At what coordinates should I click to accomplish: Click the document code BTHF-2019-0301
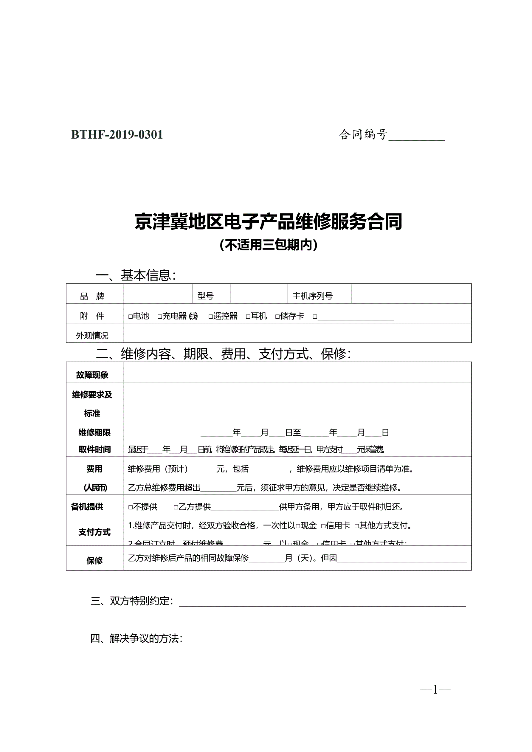117,135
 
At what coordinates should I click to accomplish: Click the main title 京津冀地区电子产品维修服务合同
268,222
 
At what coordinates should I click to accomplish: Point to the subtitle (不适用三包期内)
268,245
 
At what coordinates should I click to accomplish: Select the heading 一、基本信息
136,275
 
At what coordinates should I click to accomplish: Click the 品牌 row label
92,296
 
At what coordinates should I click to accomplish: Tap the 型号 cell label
205,296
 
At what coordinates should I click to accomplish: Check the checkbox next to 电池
130,317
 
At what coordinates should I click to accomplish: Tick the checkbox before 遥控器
211,317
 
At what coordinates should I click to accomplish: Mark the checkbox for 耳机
248,317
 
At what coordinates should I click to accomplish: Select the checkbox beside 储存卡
277,317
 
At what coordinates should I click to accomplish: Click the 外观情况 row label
92,335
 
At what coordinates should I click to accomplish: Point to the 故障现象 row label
92,375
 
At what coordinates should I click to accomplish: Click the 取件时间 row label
94,449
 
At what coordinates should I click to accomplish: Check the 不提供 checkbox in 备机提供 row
130,507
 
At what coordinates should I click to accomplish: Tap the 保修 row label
94,560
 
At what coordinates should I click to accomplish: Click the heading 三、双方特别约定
132,601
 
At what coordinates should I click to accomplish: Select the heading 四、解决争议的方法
136,638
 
